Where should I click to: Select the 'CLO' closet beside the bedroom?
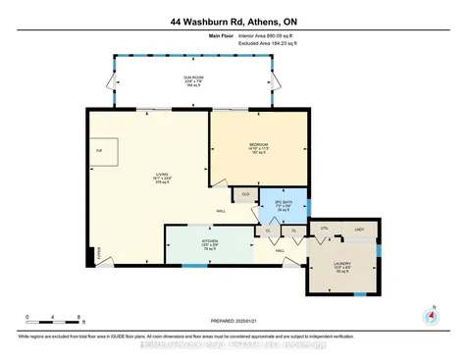click(245, 196)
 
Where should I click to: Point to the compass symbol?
click(428, 316)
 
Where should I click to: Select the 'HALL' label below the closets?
click(280, 251)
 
